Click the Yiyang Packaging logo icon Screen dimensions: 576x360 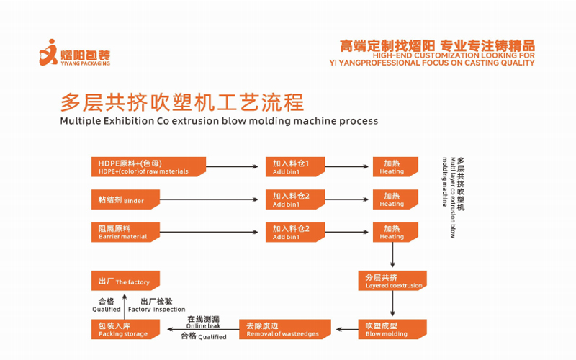coord(48,52)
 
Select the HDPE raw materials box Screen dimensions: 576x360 coord(148,167)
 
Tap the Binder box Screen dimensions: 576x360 coord(125,199)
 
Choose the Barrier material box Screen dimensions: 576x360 coord(125,232)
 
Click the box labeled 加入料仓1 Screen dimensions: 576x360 coord(295,167)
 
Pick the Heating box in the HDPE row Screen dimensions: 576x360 coord(395,167)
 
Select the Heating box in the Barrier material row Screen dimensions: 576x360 coord(395,232)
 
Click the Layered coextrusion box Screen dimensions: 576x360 coord(392,281)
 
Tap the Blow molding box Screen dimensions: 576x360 coord(392,329)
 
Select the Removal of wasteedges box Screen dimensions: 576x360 coord(285,329)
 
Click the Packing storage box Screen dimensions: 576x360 coord(125,329)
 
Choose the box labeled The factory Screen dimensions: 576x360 coord(125,281)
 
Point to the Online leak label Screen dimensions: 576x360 coord(203,326)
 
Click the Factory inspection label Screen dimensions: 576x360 coord(156,310)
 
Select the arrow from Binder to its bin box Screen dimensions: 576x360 coord(209,199)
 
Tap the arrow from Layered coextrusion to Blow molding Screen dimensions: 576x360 coord(392,303)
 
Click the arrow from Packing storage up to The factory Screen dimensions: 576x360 coord(125,307)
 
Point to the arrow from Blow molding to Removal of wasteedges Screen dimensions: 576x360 coord(347,329)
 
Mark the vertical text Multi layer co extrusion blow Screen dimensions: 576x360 coord(453,197)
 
